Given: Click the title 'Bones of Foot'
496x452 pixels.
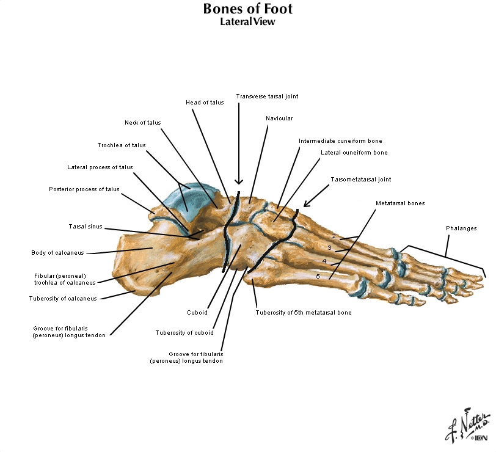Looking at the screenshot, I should [x=247, y=9].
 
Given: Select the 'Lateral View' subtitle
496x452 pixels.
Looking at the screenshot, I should [x=247, y=22].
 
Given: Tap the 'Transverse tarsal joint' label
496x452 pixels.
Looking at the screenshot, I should [x=267, y=97].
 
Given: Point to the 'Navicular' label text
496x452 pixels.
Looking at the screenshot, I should [x=279, y=118].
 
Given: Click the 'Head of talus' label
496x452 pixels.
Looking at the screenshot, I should [x=205, y=103].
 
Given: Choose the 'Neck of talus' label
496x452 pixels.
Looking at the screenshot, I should [x=142, y=123].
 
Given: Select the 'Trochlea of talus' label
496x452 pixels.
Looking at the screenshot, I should [x=122, y=145].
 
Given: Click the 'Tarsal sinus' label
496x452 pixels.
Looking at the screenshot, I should [x=86, y=227].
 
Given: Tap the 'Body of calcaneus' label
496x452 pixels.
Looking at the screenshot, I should [x=57, y=253].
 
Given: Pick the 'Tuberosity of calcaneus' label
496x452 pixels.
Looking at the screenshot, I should [x=63, y=299].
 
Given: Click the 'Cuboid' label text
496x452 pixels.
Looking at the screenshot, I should [x=197, y=313].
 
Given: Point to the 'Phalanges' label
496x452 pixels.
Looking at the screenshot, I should [x=461, y=228].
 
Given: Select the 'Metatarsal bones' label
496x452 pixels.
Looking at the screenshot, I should [x=400, y=203].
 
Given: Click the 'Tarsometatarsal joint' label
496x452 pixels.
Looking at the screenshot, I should [x=360, y=180].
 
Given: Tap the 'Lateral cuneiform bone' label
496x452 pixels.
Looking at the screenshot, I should [x=354, y=153].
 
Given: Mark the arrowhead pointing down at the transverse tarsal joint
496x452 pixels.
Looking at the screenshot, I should [x=239, y=181].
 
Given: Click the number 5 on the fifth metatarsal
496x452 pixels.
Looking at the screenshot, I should [x=318, y=277].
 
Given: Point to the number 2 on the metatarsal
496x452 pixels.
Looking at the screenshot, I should [x=334, y=236].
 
